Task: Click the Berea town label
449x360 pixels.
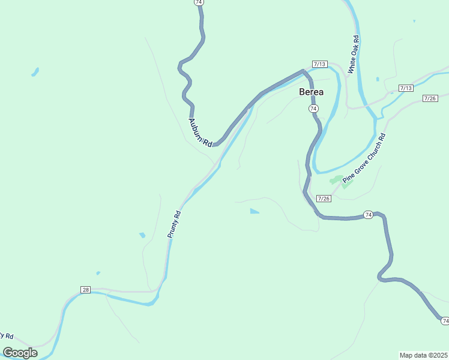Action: [x=312, y=92]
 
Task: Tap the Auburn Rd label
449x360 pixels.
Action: [x=200, y=132]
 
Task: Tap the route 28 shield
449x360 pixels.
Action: [x=85, y=290]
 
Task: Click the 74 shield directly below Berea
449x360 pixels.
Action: [x=313, y=108]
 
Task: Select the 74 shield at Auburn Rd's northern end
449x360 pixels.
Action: [x=199, y=2]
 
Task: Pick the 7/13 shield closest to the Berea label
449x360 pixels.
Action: [x=319, y=64]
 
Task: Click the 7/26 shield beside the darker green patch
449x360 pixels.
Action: [x=323, y=199]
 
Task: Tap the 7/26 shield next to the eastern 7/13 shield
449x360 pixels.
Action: [x=430, y=98]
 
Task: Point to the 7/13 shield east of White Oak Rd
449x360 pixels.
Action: [x=406, y=88]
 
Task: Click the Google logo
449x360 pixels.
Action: [x=20, y=353]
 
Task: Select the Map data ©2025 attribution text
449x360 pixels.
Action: [x=423, y=355]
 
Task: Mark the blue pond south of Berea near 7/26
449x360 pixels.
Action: [x=255, y=211]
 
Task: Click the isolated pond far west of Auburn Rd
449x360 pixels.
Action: [x=35, y=73]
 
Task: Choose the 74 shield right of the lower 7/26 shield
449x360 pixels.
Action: [x=368, y=214]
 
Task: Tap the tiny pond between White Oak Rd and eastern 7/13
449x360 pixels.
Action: [x=377, y=79]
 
